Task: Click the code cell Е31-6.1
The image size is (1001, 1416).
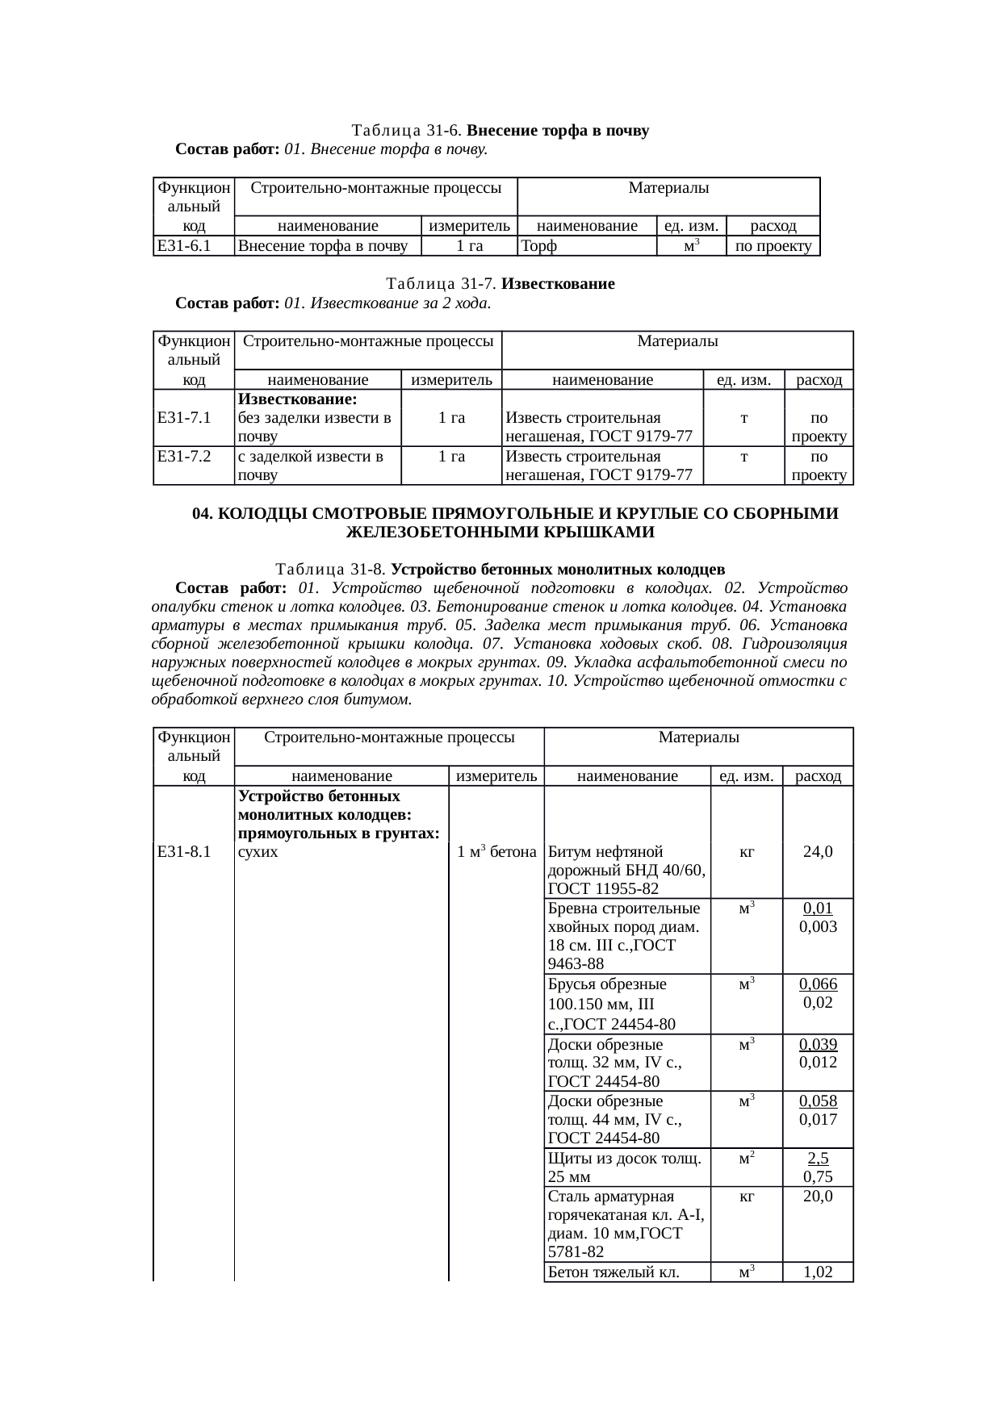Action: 185,246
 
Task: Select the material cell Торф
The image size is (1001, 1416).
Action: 539,246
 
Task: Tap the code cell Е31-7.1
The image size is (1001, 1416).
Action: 185,417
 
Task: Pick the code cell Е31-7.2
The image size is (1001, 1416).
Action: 185,456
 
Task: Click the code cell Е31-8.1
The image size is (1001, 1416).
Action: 185,851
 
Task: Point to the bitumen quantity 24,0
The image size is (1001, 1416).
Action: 818,851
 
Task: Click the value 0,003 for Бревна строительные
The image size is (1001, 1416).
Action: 818,926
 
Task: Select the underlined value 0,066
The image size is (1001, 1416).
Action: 818,984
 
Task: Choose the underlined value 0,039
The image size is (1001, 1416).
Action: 818,1044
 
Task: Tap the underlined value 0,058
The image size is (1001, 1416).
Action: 818,1101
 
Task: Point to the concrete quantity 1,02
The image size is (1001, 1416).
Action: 818,1272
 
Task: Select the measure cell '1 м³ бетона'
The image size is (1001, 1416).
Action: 496,851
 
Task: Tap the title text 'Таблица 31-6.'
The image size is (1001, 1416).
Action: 408,130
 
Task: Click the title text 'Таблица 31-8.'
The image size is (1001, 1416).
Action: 331,569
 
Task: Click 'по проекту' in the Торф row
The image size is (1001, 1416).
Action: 773,246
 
